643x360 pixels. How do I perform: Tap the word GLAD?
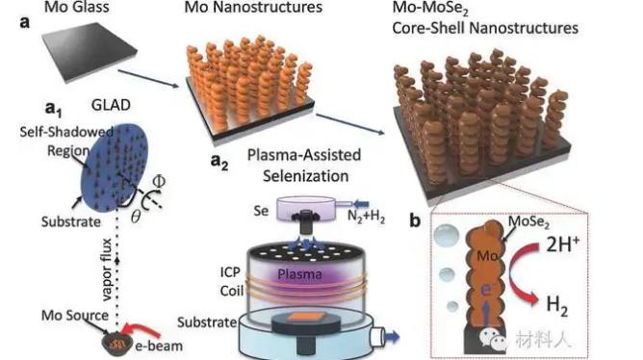tap(111, 105)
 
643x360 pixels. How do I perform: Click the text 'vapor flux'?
tap(106, 270)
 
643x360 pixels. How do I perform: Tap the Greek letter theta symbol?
tap(136, 216)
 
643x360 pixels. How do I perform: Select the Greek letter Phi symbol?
tap(158, 181)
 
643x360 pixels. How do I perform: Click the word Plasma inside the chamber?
tap(299, 274)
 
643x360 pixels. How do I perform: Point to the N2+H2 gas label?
tap(366, 216)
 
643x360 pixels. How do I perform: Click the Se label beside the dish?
tap(261, 211)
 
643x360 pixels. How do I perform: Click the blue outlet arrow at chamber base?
tap(392, 337)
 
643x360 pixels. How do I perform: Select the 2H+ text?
tap(562, 244)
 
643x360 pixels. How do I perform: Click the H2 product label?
tap(557, 305)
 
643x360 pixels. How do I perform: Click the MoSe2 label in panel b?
tap(528, 222)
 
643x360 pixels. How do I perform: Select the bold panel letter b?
tap(415, 220)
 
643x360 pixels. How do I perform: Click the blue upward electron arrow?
tap(486, 313)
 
